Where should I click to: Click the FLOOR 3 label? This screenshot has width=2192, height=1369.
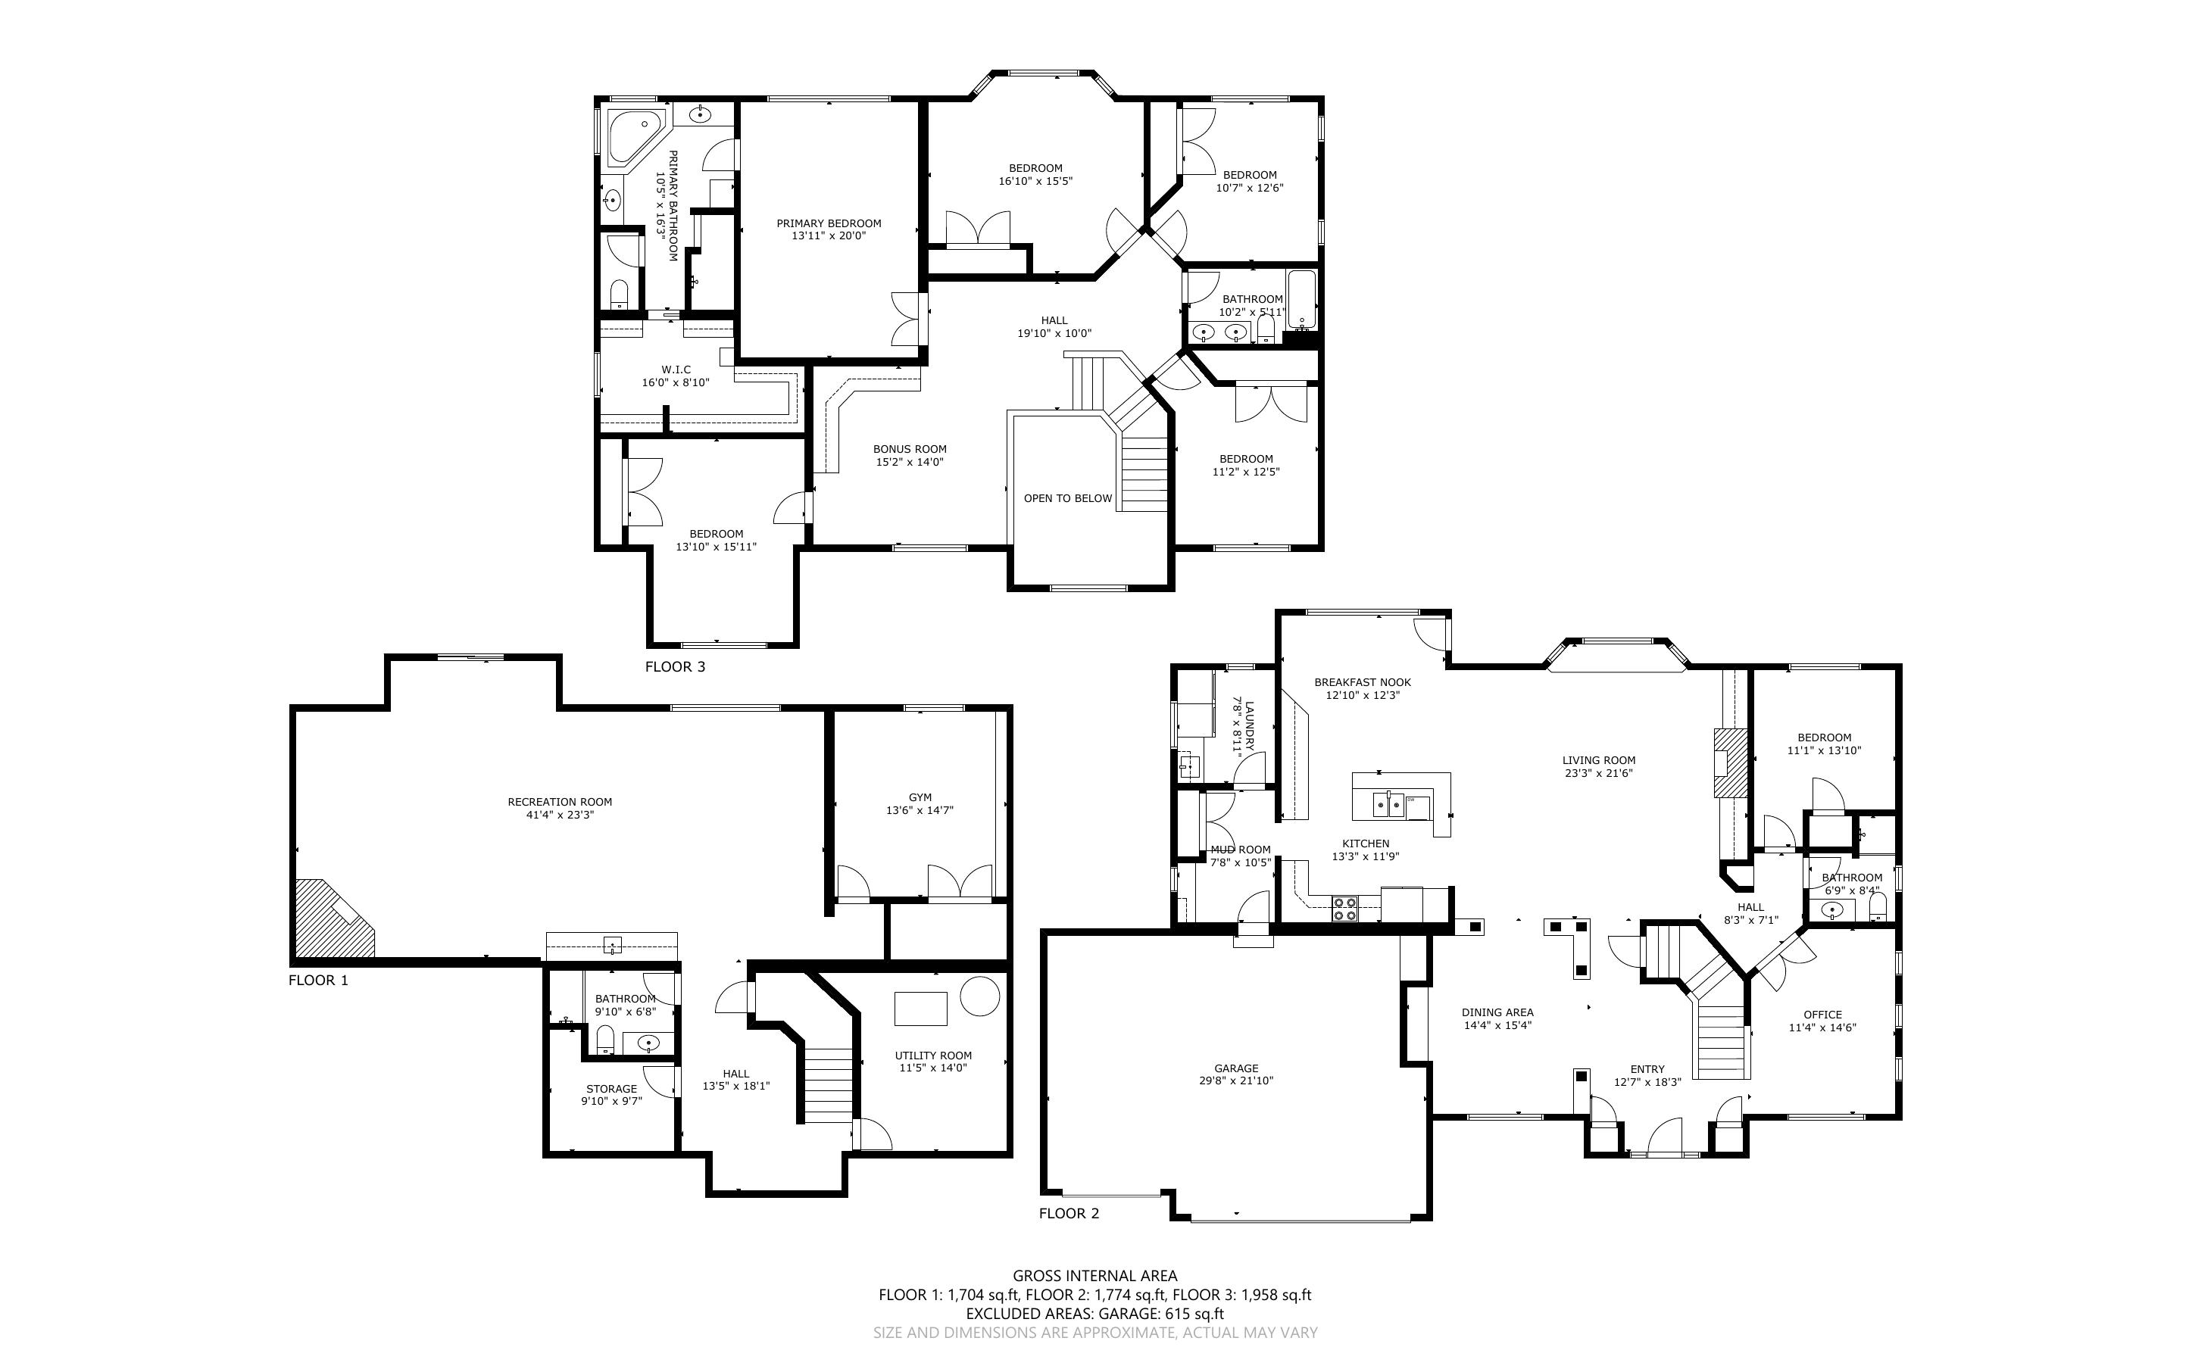pos(675,667)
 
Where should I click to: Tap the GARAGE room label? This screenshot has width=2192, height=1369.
pos(1236,1068)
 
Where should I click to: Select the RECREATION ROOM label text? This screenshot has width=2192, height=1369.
pos(560,801)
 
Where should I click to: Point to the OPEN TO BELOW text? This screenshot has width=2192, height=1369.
pos(1067,498)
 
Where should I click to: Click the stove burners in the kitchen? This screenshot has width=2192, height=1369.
pos(1344,908)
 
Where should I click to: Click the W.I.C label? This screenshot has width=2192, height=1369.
pos(676,370)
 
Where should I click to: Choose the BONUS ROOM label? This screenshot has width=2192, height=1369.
pos(910,449)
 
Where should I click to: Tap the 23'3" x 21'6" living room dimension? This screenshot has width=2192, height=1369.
pos(1598,773)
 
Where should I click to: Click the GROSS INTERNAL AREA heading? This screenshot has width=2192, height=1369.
pos(1094,1276)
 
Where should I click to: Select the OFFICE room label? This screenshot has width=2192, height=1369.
pos(1822,1014)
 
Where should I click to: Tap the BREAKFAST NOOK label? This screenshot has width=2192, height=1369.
pos(1363,683)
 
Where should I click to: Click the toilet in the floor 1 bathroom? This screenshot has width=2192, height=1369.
pos(606,1040)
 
